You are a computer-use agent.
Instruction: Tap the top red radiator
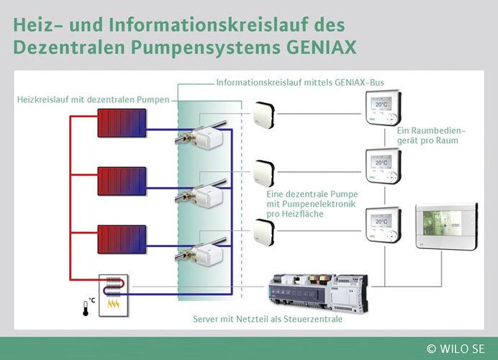(122, 123)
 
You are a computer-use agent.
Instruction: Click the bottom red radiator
(122, 240)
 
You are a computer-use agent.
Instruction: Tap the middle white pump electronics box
(263, 171)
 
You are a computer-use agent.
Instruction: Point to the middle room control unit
(379, 166)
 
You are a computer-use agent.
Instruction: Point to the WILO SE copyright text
(458, 348)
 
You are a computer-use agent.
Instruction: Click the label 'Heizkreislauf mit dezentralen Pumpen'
(91, 99)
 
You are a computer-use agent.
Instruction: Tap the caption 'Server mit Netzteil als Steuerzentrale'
(268, 318)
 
